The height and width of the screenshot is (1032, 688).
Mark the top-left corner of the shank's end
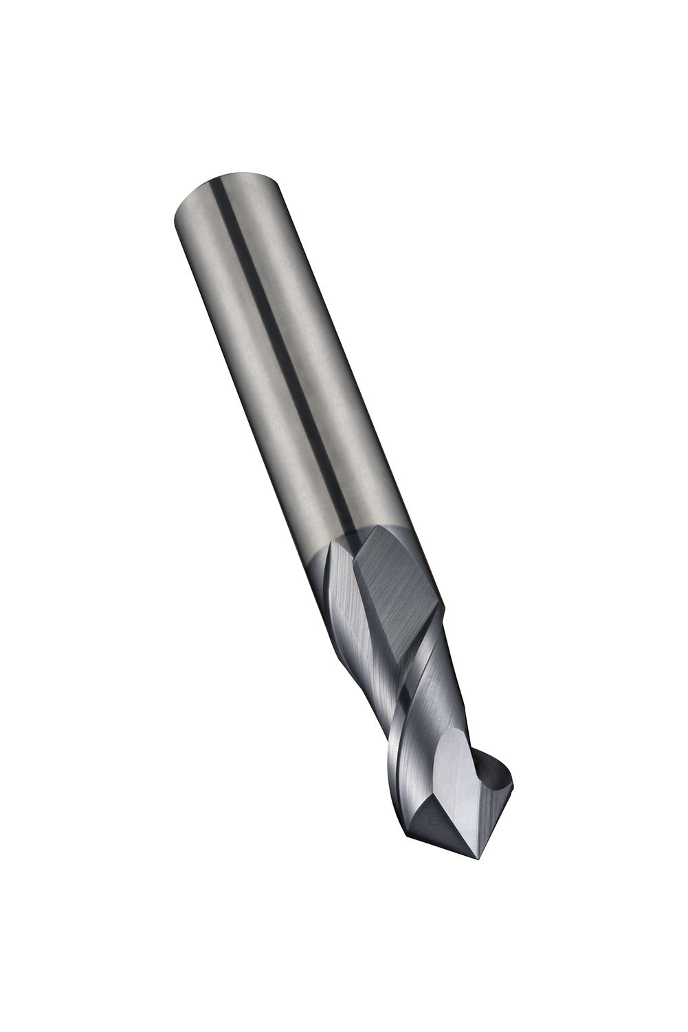click(172, 213)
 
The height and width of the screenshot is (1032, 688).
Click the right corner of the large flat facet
click(444, 605)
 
